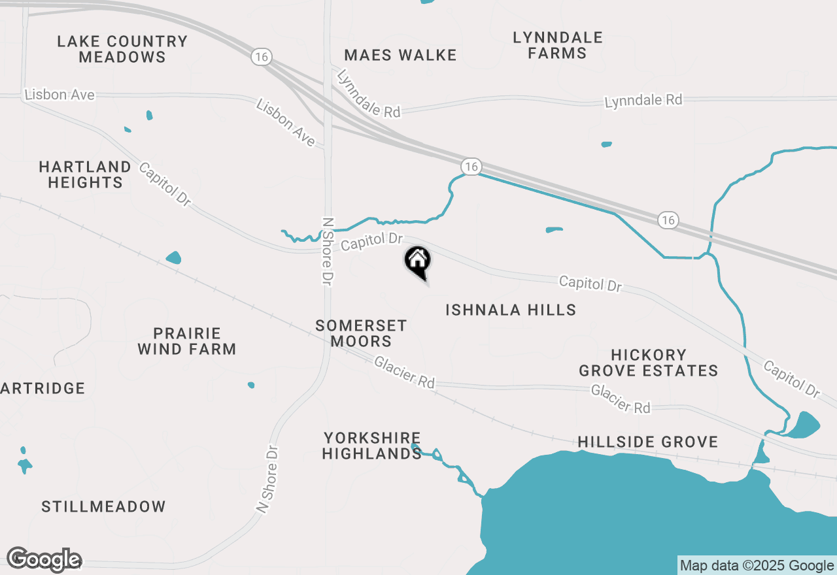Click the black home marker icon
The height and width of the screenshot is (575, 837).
[x=418, y=261]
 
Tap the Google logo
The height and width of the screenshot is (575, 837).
[x=44, y=560]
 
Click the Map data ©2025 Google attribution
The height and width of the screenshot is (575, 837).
[x=757, y=566]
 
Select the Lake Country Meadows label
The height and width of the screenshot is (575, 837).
[x=122, y=49]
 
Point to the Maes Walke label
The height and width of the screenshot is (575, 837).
[x=400, y=55]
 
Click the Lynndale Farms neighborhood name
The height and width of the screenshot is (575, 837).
[x=558, y=45]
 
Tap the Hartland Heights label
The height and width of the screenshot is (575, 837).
[x=86, y=174]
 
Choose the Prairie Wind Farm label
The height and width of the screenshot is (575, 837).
[x=187, y=341]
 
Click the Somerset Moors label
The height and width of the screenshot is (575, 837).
[x=361, y=333]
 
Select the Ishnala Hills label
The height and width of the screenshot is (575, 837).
[x=511, y=310]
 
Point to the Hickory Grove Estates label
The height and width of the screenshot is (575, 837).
[x=648, y=363]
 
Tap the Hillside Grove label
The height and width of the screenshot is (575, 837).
[x=647, y=442]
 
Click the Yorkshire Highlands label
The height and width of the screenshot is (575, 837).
[x=371, y=446]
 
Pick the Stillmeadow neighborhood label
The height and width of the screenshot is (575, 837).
[x=103, y=506]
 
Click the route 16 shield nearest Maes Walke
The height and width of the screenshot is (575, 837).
[x=262, y=57]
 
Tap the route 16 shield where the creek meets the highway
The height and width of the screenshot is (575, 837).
[x=471, y=167]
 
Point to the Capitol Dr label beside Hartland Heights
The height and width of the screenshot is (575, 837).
[x=164, y=184]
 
